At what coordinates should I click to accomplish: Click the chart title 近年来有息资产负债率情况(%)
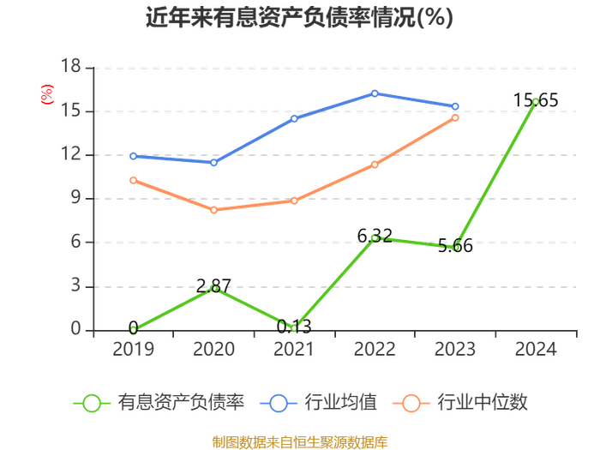pyautogui.click(x=299, y=17)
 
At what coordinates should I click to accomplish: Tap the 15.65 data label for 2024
pyautogui.click(x=536, y=100)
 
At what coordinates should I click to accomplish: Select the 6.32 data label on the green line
pyautogui.click(x=375, y=236)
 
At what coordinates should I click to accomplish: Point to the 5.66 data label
pyautogui.click(x=455, y=246)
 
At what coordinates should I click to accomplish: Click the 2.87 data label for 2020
pyautogui.click(x=213, y=285)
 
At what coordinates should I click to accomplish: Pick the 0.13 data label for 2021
pyautogui.click(x=294, y=327)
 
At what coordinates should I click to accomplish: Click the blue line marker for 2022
pyautogui.click(x=375, y=93)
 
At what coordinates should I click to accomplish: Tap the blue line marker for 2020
pyautogui.click(x=213, y=163)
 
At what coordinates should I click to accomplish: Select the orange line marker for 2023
pyautogui.click(x=455, y=118)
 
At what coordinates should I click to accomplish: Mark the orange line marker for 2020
pyautogui.click(x=213, y=210)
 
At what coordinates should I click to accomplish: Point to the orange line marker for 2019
pyautogui.click(x=133, y=180)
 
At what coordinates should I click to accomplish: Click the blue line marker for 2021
pyautogui.click(x=294, y=118)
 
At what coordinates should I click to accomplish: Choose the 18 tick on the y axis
pyautogui.click(x=71, y=66)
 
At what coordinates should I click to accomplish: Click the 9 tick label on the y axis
pyautogui.click(x=76, y=198)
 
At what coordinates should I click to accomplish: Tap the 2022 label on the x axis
pyautogui.click(x=375, y=349)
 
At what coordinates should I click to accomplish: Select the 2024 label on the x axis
pyautogui.click(x=536, y=349)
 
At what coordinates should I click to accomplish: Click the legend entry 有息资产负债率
pyautogui.click(x=159, y=403)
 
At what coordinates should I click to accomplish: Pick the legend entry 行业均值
pyautogui.click(x=318, y=403)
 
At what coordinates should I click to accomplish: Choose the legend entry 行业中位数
pyautogui.click(x=460, y=403)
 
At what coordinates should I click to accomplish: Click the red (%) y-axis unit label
pyautogui.click(x=47, y=94)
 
